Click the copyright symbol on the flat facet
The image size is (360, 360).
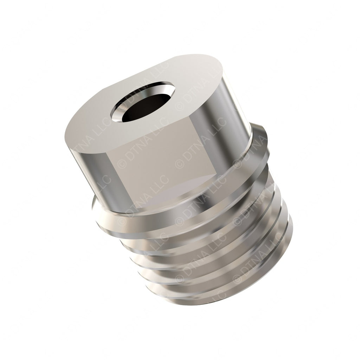tap(123, 163)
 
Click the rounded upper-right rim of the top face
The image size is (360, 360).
tap(218, 67)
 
